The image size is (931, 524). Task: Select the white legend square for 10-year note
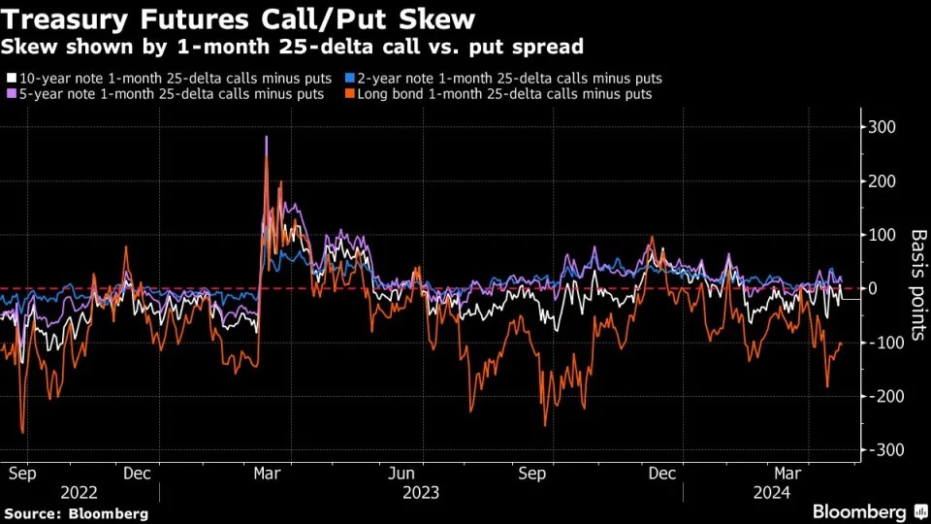pyautogui.click(x=11, y=78)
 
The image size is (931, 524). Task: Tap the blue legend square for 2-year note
pyautogui.click(x=350, y=78)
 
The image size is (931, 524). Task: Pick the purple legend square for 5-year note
pyautogui.click(x=11, y=94)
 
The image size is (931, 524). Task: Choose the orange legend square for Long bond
pyautogui.click(x=350, y=94)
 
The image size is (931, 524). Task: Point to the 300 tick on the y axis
pyautogui.click(x=881, y=127)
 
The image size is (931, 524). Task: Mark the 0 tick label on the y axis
pyautogui.click(x=874, y=288)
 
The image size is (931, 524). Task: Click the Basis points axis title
pyautogui.click(x=917, y=285)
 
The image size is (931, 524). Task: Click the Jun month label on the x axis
pyautogui.click(x=401, y=474)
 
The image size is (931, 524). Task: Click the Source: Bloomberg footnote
pyautogui.click(x=76, y=512)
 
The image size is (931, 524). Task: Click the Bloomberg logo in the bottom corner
pyautogui.click(x=857, y=511)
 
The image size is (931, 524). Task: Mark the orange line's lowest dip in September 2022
pyautogui.click(x=22, y=433)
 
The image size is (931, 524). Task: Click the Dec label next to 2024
pyautogui.click(x=661, y=474)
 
